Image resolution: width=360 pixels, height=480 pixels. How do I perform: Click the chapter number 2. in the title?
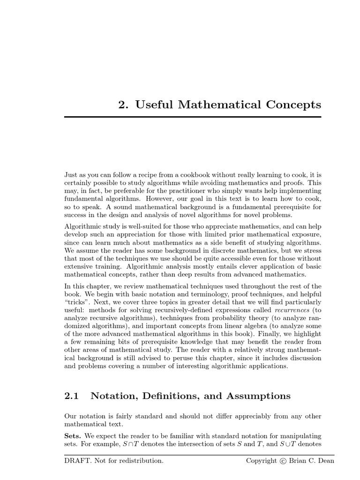[123, 104]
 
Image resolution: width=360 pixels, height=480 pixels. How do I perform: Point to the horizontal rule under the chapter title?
[193, 116]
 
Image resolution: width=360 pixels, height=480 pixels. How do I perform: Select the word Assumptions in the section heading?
[258, 396]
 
